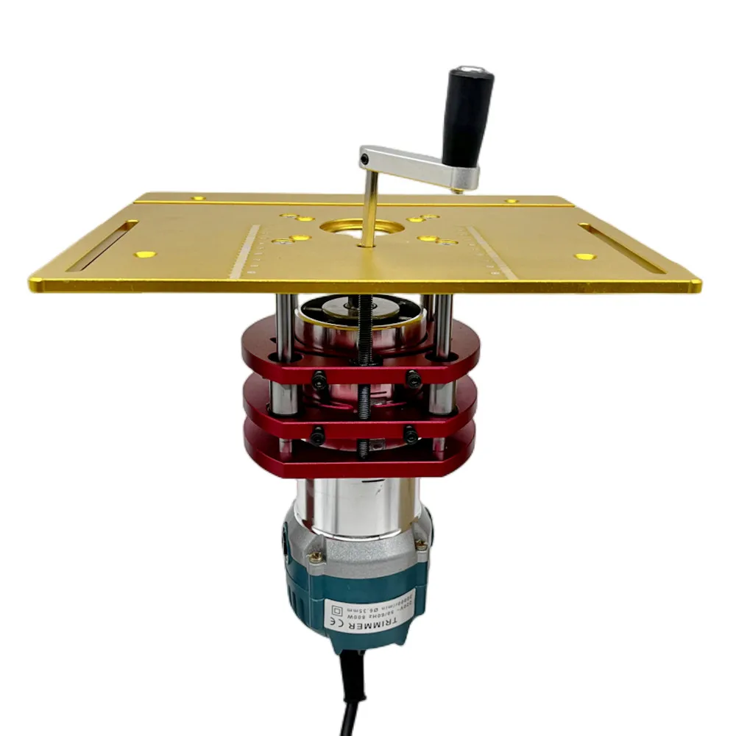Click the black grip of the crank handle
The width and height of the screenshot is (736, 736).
465,118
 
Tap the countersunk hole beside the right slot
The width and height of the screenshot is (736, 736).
585,257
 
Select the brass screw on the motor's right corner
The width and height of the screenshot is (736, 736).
420,545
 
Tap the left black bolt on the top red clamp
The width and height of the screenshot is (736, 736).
319,381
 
